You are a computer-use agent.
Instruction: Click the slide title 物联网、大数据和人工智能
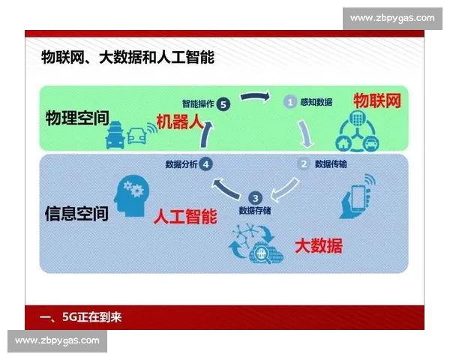pos(127,57)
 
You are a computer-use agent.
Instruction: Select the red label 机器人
pos(181,121)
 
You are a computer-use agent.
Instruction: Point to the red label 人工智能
pos(185,217)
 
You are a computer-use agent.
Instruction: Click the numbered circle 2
pos(304,163)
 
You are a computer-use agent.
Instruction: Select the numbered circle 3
pos(255,198)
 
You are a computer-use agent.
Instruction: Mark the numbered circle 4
pos(206,163)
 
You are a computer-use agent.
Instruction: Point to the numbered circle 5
pos(224,105)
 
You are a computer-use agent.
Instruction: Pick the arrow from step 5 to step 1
pos(256,96)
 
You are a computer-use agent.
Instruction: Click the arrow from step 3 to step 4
pos(226,186)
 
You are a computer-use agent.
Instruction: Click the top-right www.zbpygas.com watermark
pos(392,18)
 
